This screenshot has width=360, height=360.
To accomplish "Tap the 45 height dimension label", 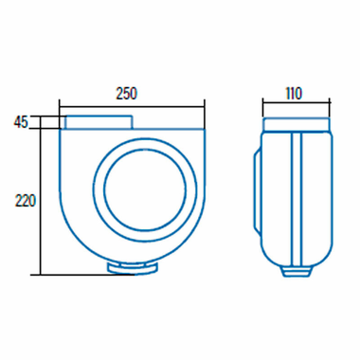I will click(x=21, y=121).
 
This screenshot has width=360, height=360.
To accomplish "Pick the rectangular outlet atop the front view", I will click(x=99, y=122).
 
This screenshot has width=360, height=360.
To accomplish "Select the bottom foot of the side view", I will click(x=297, y=271).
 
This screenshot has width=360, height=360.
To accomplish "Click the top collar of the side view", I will click(x=297, y=123).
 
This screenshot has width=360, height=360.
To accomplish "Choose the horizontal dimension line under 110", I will click(x=297, y=103).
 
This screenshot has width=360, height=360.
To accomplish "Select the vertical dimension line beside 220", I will click(x=39, y=202).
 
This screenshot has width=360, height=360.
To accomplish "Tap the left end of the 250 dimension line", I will click(x=60, y=103).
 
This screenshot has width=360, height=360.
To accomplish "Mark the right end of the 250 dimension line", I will click(x=204, y=103).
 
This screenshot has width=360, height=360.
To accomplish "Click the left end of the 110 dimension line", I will click(x=262, y=103).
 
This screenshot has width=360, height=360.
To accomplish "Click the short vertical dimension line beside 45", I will click(x=39, y=122).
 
